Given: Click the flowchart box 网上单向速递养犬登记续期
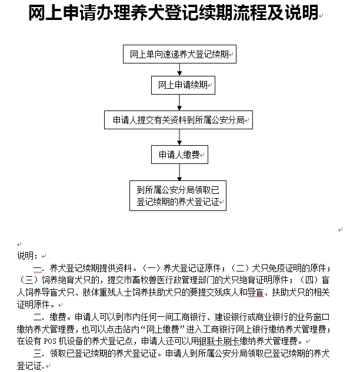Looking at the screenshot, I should point(179,55).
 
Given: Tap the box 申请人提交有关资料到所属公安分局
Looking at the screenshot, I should point(179,120).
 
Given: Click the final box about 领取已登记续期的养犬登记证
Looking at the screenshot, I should point(178,195).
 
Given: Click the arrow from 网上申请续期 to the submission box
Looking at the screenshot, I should point(179,102).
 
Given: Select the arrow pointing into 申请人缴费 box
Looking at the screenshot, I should point(179,138).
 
